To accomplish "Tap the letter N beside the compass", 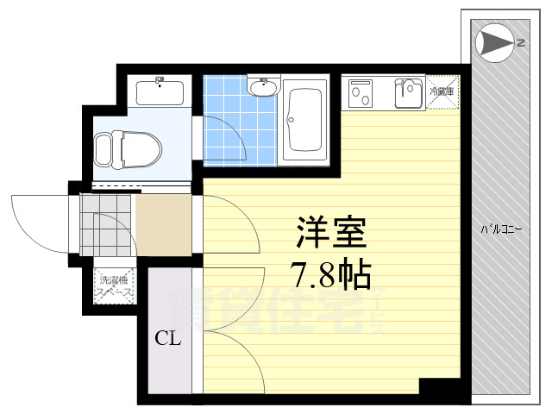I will (520, 41).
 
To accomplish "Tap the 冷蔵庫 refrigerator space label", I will (443, 90).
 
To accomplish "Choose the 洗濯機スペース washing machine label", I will (115, 286).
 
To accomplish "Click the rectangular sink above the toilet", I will (160, 91).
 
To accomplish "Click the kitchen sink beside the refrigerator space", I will (407, 91).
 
